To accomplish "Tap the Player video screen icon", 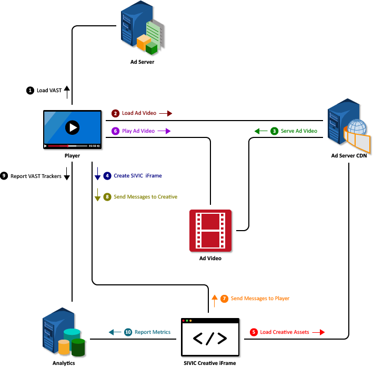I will coord(72,130).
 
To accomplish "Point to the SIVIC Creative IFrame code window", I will coord(210,338).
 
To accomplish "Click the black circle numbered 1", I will coord(29,91).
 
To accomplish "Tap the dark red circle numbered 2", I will coord(115,113).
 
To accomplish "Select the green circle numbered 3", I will coord(274,131).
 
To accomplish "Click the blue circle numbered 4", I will coord(107,176).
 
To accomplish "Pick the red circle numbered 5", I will coord(254,332).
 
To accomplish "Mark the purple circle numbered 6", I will coord(116,131).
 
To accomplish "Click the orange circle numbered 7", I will coord(224,299).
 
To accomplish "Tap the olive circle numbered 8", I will coord(107,197).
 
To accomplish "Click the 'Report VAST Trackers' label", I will coord(36,176).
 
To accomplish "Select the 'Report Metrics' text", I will coord(153,332).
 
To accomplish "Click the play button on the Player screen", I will coord(72,127).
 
